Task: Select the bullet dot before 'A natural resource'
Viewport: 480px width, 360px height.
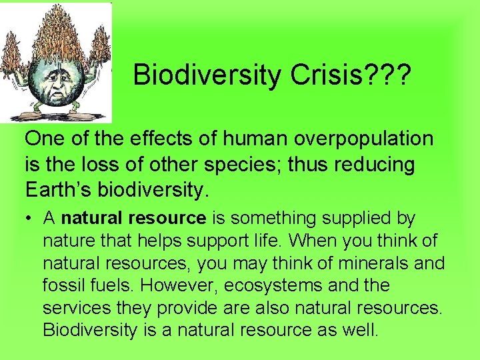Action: click(30, 219)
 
